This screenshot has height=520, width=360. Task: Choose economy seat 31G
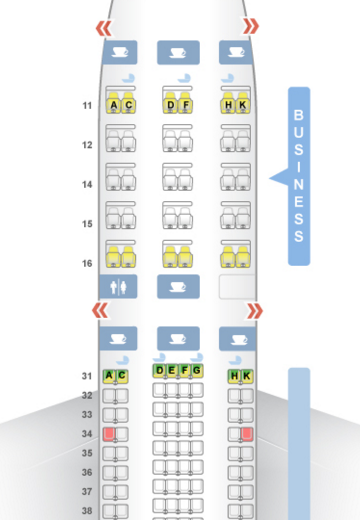pos(196,371)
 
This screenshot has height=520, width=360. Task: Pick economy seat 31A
pos(109,376)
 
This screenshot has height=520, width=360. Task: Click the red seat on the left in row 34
pos(109,434)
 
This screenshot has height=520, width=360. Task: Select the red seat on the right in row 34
pos(247,434)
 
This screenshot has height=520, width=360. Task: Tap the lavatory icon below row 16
pos(118,287)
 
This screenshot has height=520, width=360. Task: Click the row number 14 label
pos(87,184)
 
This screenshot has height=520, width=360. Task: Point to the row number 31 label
pos(87,376)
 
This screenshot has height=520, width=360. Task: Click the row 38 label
pos(87,511)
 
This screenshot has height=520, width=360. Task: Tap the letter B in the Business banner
pos(298,116)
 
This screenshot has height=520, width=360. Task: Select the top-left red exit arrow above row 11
pos(104,28)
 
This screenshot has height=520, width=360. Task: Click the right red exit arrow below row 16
pos(254,312)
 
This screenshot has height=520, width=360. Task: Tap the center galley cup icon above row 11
pos(178,52)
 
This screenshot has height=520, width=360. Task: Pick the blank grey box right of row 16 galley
pos(237,287)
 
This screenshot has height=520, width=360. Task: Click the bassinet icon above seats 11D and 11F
pos(184,78)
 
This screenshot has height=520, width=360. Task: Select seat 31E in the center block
pos(172,371)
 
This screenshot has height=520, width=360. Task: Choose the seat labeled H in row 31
pos(234,376)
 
